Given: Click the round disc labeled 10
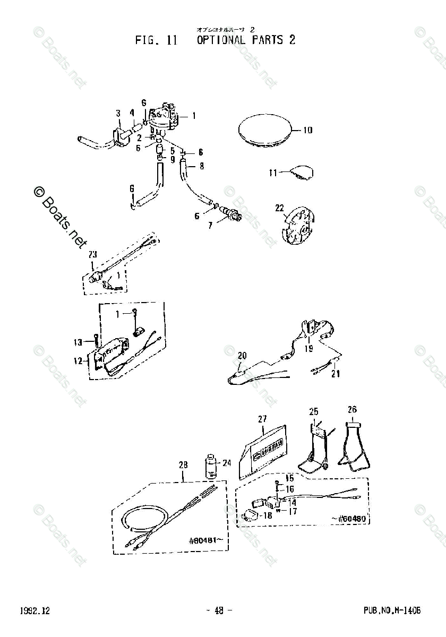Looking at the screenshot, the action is pos(264,131).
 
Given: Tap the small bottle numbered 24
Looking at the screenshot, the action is pos(211,465).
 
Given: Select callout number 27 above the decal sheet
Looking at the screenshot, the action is pos(262,419).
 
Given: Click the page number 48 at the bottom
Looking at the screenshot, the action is pos(219,610).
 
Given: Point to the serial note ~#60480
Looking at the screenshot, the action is pos(349,519).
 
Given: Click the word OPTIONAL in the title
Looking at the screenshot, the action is pos(221,40).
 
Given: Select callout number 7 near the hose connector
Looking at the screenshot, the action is pos(210,226).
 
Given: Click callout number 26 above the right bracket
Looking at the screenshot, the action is pos(353,409).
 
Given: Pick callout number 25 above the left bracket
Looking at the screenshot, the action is pos(314,411).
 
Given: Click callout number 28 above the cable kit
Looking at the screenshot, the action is pos(183,465).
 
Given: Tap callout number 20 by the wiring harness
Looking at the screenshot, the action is pos(243,355).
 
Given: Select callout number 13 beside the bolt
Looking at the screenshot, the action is pos(78,342).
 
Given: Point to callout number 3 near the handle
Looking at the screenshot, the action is pos(119,113).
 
